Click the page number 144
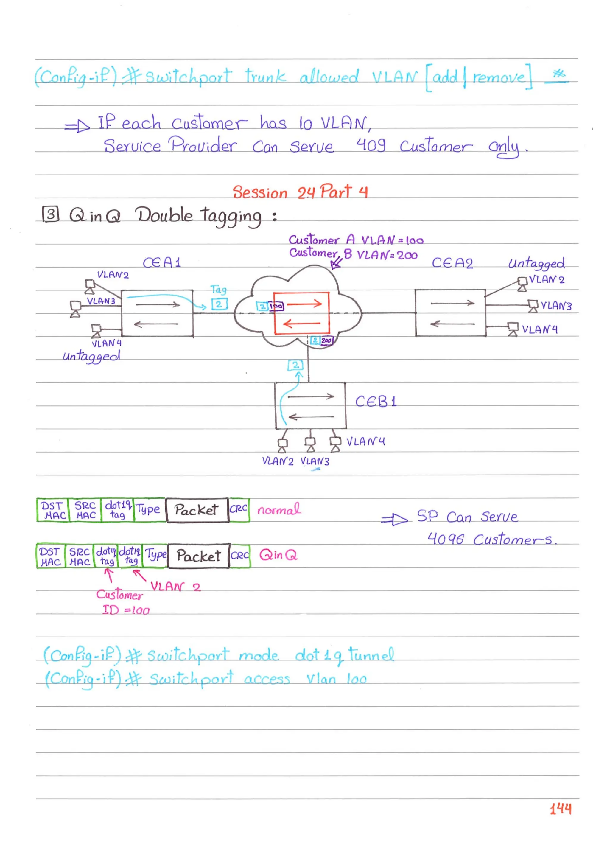(x=561, y=808)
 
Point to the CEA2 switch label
(x=452, y=263)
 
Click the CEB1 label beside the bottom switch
(x=376, y=402)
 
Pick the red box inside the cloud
(x=301, y=313)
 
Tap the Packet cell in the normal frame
(x=197, y=510)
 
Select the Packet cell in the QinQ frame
(x=198, y=556)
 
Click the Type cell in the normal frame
(x=149, y=509)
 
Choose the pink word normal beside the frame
(x=279, y=510)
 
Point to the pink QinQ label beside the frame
(x=278, y=555)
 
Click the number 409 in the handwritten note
(x=371, y=145)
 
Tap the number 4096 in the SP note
(x=446, y=539)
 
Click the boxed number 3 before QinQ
(x=51, y=214)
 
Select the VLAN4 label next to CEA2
(x=539, y=330)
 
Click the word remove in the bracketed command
(x=498, y=77)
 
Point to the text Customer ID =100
(x=122, y=602)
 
